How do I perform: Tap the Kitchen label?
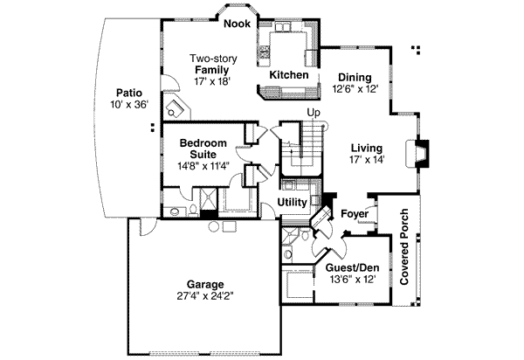(x=288, y=76)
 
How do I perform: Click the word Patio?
(x=128, y=92)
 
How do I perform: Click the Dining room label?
(x=354, y=76)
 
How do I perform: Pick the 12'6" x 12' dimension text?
(x=354, y=88)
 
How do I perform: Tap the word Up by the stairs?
(x=314, y=112)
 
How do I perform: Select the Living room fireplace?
(x=423, y=154)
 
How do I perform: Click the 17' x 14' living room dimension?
(x=367, y=160)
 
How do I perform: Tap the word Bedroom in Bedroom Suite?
(x=203, y=142)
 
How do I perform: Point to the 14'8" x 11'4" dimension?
(x=203, y=166)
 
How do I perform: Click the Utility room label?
(x=292, y=203)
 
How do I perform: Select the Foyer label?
(x=353, y=212)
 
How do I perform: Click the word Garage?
(x=203, y=284)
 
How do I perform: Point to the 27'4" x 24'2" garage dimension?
(x=203, y=296)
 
